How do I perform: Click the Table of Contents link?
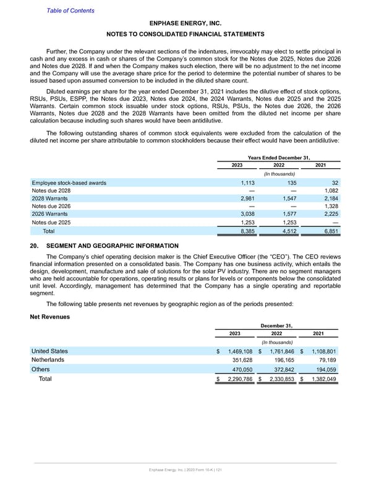click(x=71, y=11)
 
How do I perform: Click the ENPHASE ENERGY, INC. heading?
click(x=185, y=23)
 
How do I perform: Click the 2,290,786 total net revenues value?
click(x=240, y=380)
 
